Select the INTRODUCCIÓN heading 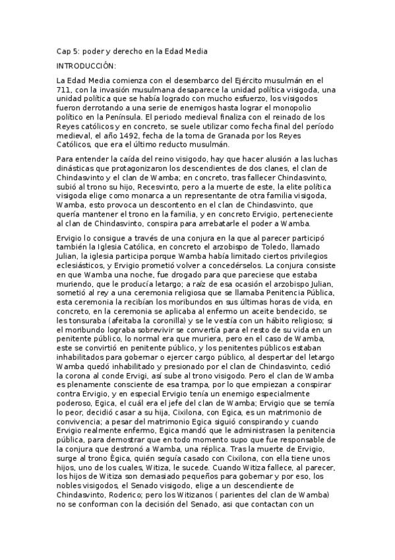pyautogui.click(x=86, y=66)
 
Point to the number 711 pyautogui.click(x=64, y=90)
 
